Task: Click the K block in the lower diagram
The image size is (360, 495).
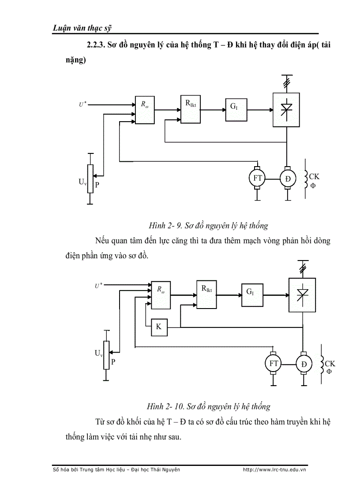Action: [x=159, y=327]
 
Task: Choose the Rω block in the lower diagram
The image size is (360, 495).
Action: [x=161, y=294]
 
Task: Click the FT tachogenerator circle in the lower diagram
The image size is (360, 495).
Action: [x=274, y=364]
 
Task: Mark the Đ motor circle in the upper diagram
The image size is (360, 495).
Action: [x=288, y=179]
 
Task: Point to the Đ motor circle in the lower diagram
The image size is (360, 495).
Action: [x=303, y=364]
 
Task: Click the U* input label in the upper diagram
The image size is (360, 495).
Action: [x=82, y=104]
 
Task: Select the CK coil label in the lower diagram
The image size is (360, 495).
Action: [x=330, y=364]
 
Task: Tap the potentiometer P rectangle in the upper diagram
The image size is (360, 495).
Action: [x=90, y=178]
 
